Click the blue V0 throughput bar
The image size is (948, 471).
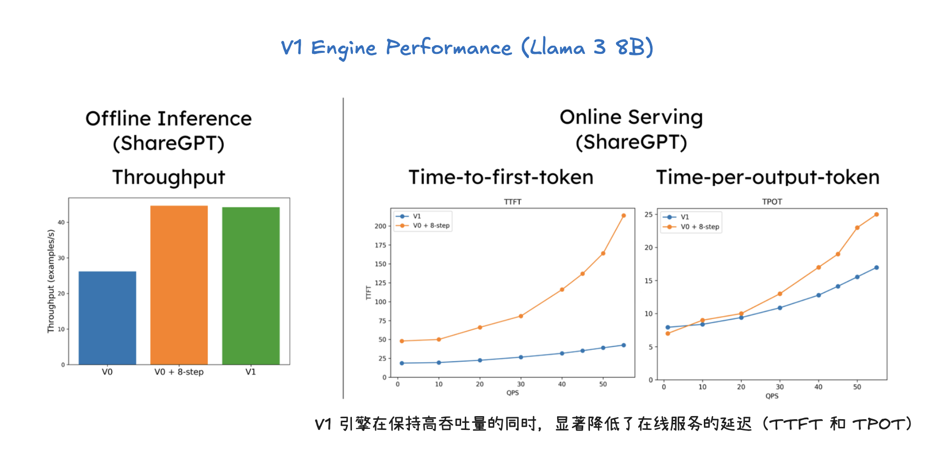click(x=107, y=318)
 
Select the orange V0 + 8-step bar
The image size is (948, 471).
click(x=179, y=285)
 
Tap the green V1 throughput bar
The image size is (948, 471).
click(x=251, y=286)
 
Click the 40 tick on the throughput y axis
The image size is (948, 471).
click(x=61, y=222)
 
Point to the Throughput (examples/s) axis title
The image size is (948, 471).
click(x=51, y=281)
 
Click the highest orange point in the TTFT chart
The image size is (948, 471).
click(x=624, y=215)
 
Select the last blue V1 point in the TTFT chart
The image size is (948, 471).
click(x=624, y=345)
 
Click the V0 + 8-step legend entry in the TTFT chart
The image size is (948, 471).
click(x=423, y=225)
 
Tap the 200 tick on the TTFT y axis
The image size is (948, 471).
click(x=380, y=226)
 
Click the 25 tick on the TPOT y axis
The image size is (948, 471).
click(x=648, y=214)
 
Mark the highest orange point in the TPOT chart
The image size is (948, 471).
click(x=877, y=214)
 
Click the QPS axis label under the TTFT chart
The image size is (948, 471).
click(x=513, y=393)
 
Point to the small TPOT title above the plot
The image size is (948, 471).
click(x=772, y=202)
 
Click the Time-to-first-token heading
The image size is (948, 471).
click(x=501, y=177)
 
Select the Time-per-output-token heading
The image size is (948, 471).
click(x=768, y=177)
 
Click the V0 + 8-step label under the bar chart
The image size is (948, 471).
click(x=179, y=372)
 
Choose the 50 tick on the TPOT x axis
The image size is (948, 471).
click(x=857, y=387)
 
